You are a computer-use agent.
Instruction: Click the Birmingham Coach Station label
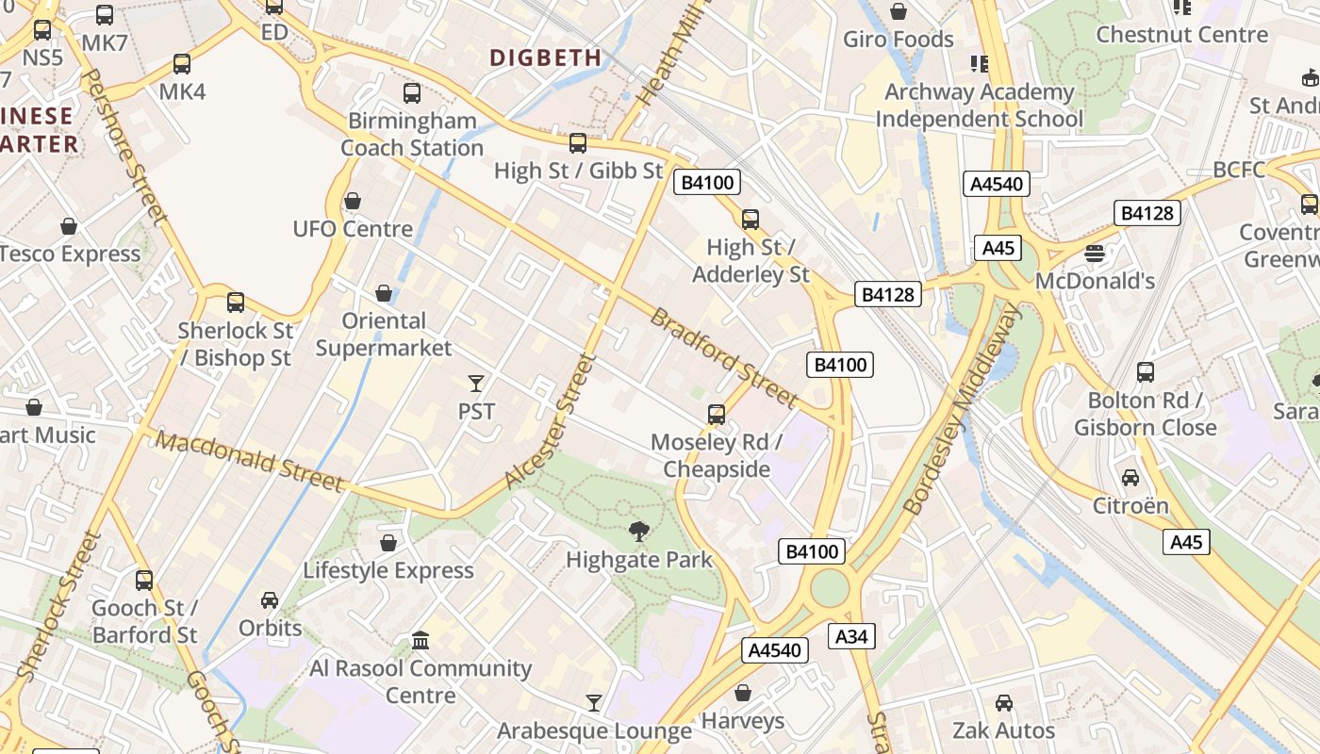click(412, 134)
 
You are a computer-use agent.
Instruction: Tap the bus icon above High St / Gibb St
click(578, 143)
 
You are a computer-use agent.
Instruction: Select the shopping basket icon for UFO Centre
click(353, 201)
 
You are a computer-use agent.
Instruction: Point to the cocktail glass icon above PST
click(476, 383)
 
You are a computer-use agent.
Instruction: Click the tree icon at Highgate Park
click(639, 532)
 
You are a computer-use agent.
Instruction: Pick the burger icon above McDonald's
click(1095, 253)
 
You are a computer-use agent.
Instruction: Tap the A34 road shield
click(851, 637)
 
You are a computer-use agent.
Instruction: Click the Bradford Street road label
click(724, 357)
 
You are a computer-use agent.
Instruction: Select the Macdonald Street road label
click(250, 461)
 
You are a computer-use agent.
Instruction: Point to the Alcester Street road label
click(552, 420)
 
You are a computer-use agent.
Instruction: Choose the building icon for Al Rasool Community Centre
click(421, 641)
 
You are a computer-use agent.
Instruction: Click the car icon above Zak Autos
click(1004, 703)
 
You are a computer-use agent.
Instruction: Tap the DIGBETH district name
click(546, 57)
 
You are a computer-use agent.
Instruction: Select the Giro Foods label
click(899, 40)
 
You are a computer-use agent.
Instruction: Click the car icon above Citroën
click(1130, 478)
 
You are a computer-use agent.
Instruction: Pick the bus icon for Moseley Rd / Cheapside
click(717, 415)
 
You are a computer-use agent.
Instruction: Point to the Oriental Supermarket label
click(384, 334)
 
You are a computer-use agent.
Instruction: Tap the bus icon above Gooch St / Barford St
click(144, 581)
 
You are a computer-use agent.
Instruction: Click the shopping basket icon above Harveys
click(743, 694)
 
